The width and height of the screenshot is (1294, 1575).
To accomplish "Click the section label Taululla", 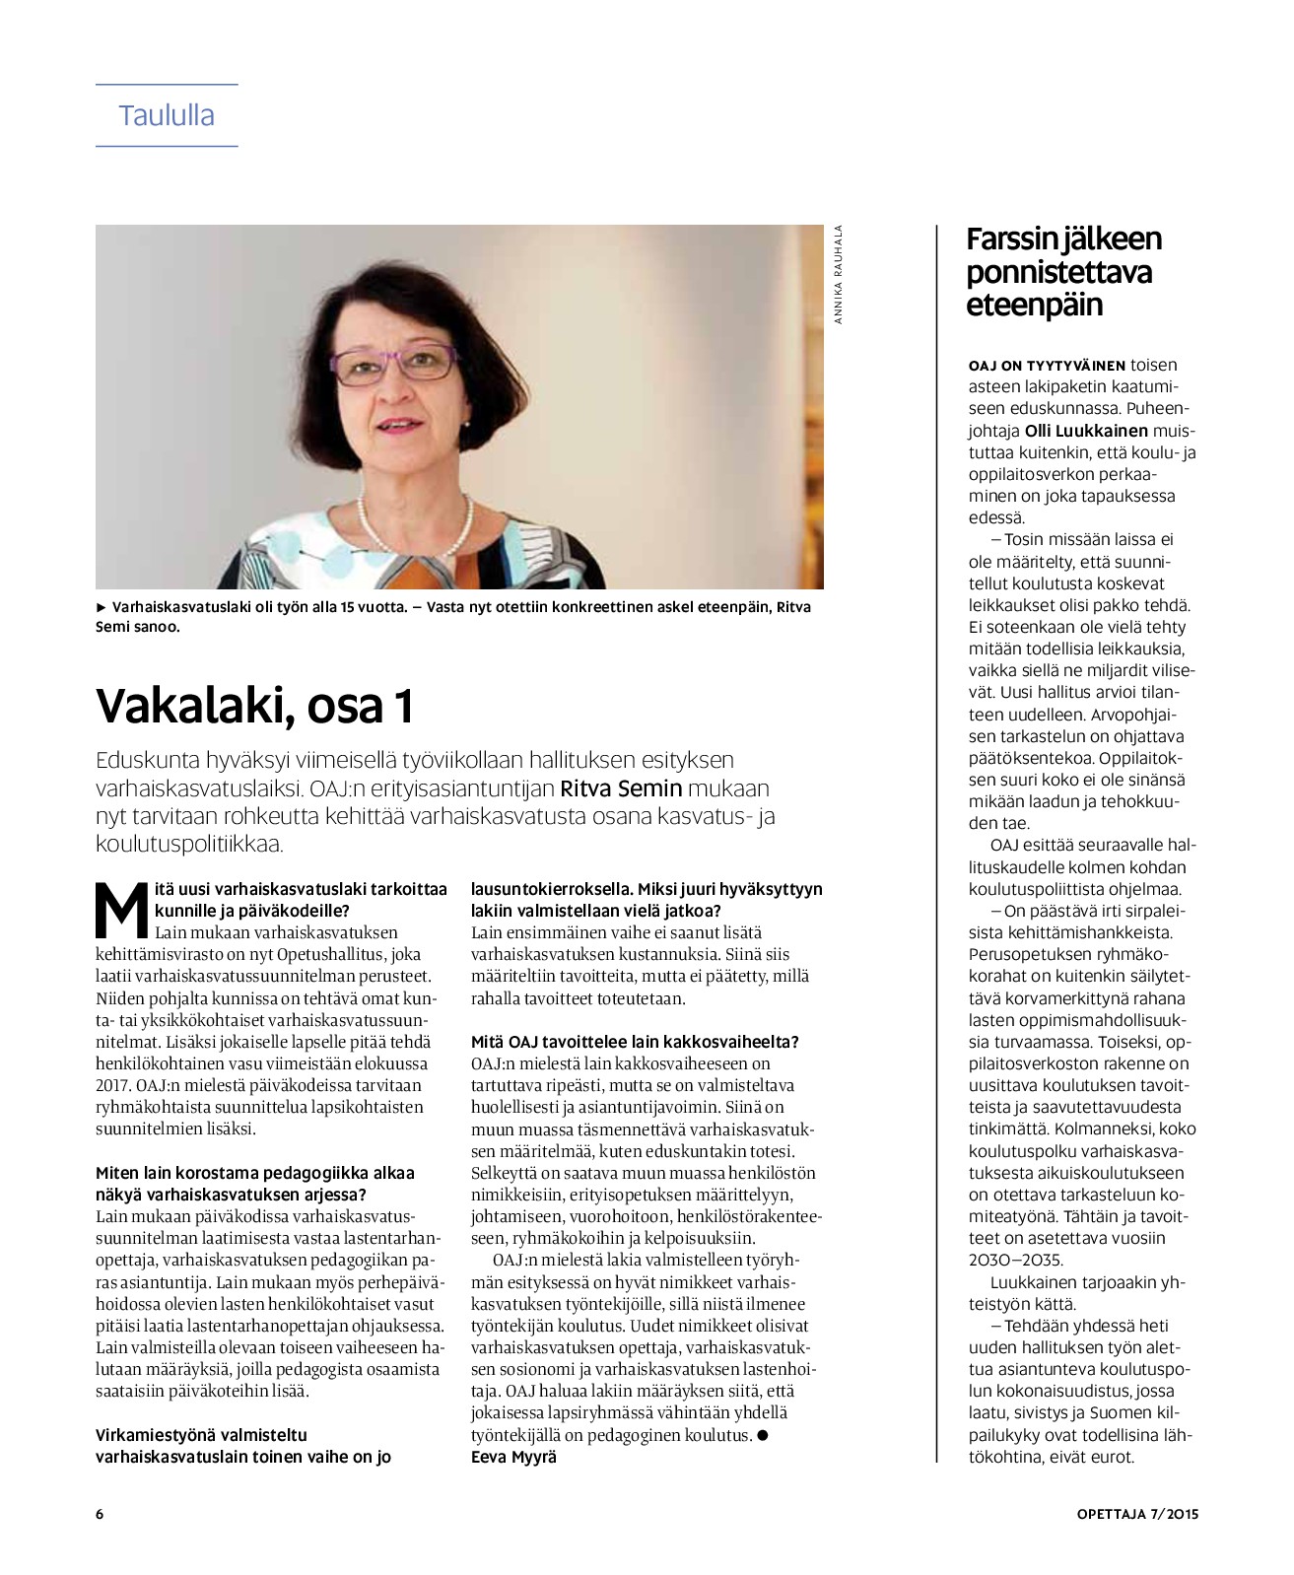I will click(167, 115).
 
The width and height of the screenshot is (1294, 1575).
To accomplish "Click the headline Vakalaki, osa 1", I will click(254, 706).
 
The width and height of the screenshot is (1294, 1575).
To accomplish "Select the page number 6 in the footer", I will click(100, 1514).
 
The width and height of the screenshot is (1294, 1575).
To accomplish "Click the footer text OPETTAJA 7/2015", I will click(1136, 1514).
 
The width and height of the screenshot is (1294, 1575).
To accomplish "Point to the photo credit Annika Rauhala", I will click(839, 275).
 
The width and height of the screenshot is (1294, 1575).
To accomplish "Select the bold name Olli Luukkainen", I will click(1086, 431).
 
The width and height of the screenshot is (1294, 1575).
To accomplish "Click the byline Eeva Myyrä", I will click(513, 1457).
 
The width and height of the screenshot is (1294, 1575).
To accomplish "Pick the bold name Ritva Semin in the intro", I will click(621, 788).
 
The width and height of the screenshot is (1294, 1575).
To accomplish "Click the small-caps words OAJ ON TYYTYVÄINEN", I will click(1047, 366).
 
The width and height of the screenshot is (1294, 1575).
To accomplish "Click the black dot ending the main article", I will click(762, 1435).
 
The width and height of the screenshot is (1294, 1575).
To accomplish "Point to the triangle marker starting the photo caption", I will click(101, 607).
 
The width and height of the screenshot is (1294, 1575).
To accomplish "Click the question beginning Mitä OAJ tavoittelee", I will click(635, 1042).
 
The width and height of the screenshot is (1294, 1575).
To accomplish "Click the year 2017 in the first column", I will click(114, 1085).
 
